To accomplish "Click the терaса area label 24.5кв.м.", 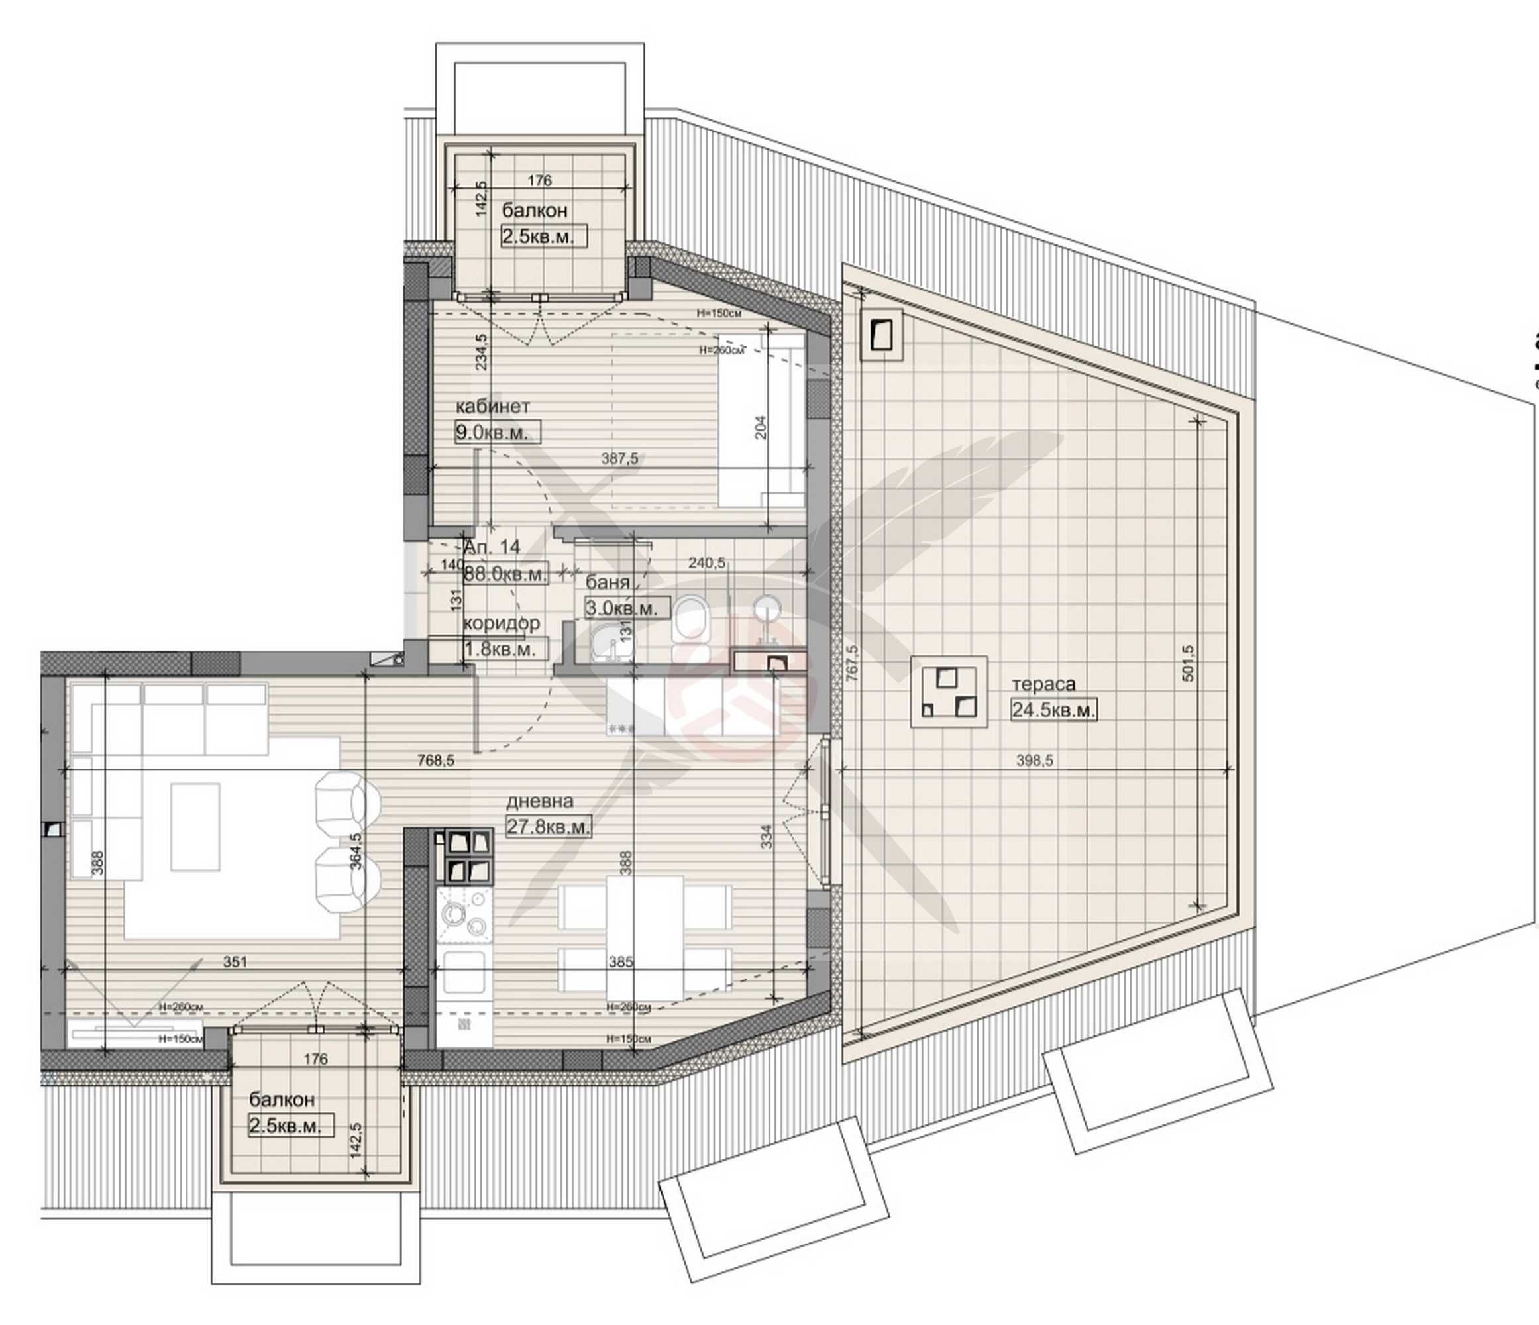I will tap(1053, 710).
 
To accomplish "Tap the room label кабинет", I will tap(492, 406).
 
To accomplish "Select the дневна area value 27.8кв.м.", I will tap(548, 827).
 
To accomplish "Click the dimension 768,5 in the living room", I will tap(435, 761).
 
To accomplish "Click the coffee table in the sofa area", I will tap(195, 826).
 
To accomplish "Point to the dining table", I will tap(644, 937).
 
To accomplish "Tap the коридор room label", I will tap(502, 623).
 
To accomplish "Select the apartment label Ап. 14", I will tap(491, 547).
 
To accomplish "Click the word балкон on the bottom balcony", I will tap(282, 1099).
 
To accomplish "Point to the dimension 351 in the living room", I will tap(235, 962).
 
